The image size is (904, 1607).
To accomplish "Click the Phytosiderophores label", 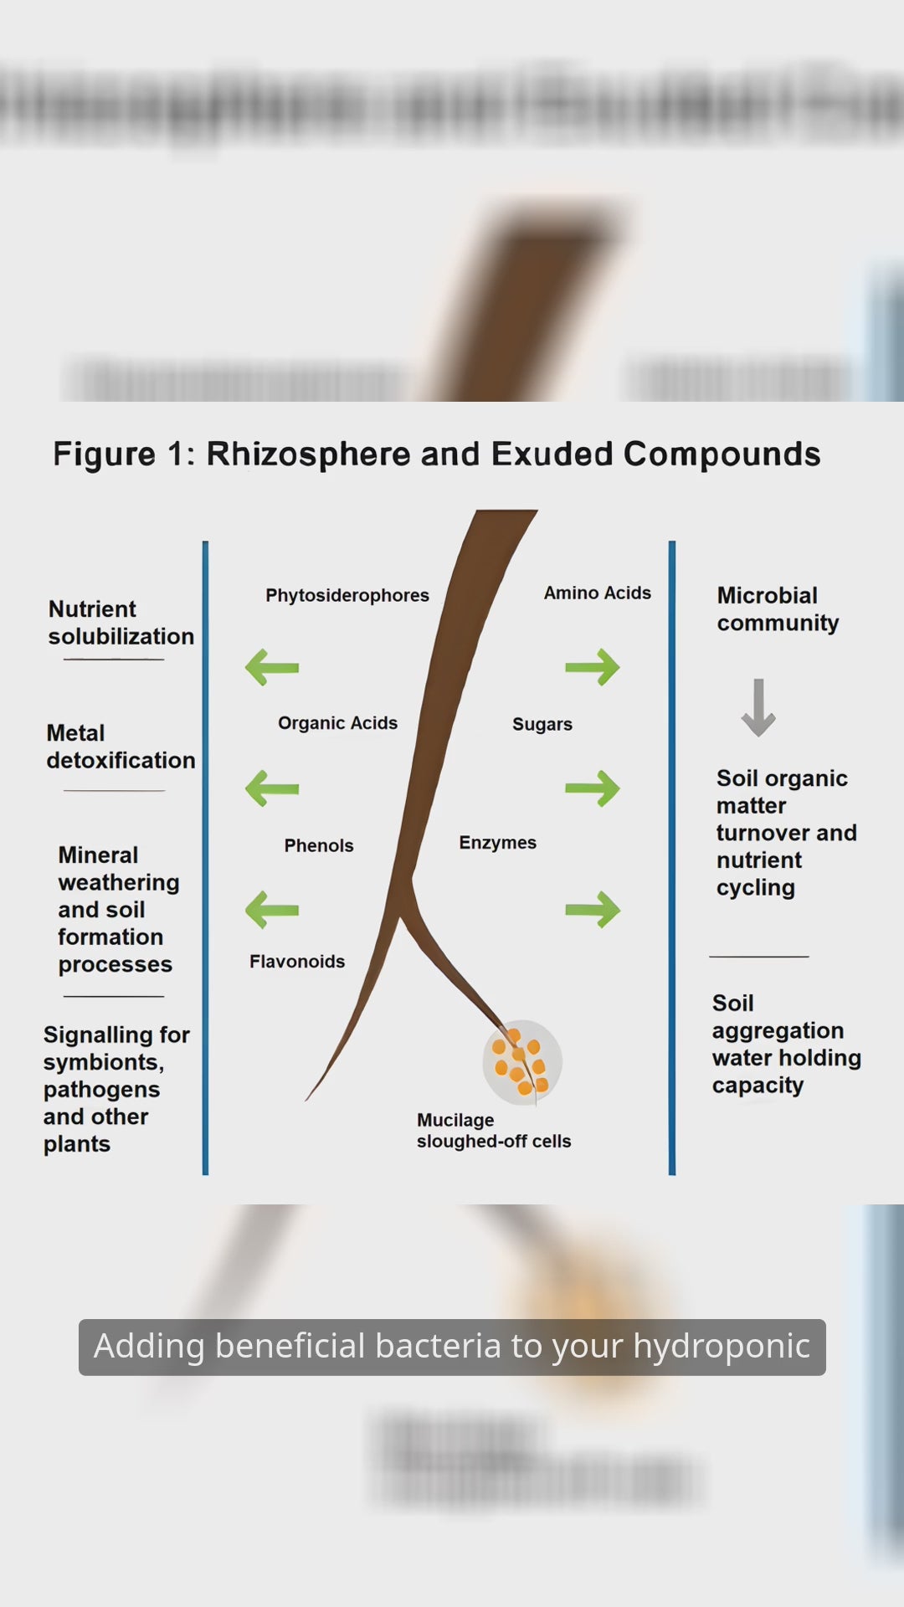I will click(347, 595).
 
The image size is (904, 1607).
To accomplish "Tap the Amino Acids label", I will click(597, 593).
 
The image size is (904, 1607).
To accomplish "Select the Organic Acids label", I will click(337, 723).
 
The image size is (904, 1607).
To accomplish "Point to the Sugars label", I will click(542, 724).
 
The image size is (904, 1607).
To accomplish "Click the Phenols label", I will click(318, 845).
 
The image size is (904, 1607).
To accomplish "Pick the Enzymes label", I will click(497, 843).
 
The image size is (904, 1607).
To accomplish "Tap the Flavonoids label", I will click(296, 962).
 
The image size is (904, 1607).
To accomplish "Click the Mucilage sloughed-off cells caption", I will click(493, 1131).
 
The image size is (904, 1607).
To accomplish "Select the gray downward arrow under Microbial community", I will click(758, 707).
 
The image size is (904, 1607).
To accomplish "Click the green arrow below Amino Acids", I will click(593, 667).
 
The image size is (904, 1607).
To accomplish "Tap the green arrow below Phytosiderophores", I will click(272, 667).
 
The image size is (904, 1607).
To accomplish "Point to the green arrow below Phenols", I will click(272, 910).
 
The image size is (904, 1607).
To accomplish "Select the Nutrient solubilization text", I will click(121, 623).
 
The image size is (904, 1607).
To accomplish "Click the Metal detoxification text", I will click(121, 747).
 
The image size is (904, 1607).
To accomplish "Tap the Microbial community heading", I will click(777, 608).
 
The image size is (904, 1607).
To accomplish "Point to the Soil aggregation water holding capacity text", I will click(785, 1044).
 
